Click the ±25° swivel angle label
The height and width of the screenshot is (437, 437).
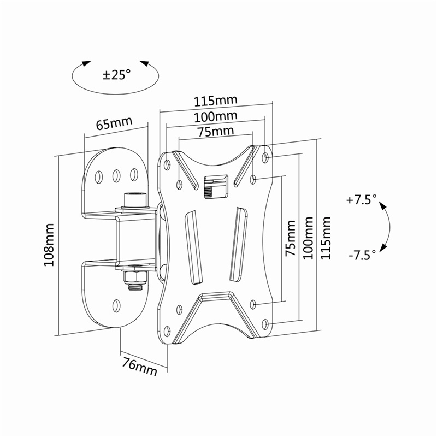point(117,74)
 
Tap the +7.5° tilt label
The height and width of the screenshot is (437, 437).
point(361,200)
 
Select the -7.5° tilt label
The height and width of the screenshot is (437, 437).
point(362,255)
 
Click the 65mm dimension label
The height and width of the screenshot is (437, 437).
point(114,123)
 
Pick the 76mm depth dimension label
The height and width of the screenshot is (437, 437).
point(140,366)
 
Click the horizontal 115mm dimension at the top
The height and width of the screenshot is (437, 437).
point(215,101)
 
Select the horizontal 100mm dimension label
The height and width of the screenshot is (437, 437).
point(215,117)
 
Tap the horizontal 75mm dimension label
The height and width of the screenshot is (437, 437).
point(215,132)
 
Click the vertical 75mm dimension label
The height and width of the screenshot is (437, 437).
point(290,238)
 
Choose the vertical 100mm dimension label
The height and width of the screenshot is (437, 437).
point(308,238)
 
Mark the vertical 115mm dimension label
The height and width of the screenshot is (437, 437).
point(326,238)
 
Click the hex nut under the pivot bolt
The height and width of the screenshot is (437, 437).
point(135,277)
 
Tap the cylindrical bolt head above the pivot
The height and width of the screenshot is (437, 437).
point(134,199)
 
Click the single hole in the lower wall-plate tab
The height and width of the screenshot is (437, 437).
point(116,306)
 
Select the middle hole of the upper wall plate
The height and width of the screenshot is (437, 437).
point(116,176)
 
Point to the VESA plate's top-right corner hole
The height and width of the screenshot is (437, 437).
point(265,158)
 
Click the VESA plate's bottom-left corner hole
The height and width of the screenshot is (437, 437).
point(167,332)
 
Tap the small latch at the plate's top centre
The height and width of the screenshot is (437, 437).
point(216,187)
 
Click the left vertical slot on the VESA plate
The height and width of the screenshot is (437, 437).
point(193,248)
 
